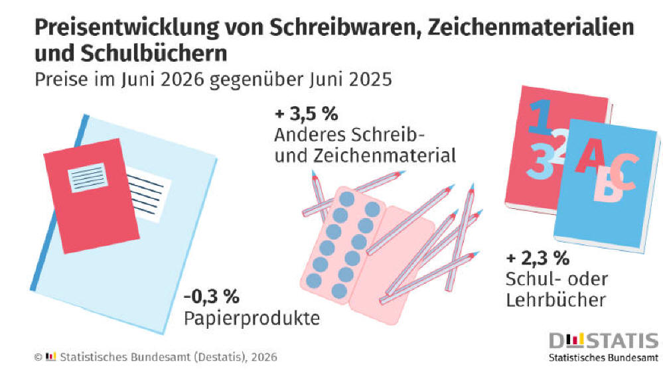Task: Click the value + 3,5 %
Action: tap(307, 113)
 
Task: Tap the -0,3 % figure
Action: tap(212, 296)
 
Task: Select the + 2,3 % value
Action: tap(538, 258)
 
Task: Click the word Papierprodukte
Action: tap(252, 318)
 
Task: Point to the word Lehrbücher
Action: tap(556, 300)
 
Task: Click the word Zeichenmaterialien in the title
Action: tap(531, 27)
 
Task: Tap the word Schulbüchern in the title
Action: tap(153, 53)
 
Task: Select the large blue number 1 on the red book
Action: tap(540, 117)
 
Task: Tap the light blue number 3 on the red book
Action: tap(540, 161)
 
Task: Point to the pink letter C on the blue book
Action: tap(623, 172)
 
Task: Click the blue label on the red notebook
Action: tap(88, 177)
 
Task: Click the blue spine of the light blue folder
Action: tap(60, 203)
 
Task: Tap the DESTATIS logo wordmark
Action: tap(604, 340)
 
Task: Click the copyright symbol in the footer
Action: tap(38, 357)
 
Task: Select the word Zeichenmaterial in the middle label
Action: tap(384, 155)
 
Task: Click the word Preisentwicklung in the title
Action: tap(127, 27)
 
